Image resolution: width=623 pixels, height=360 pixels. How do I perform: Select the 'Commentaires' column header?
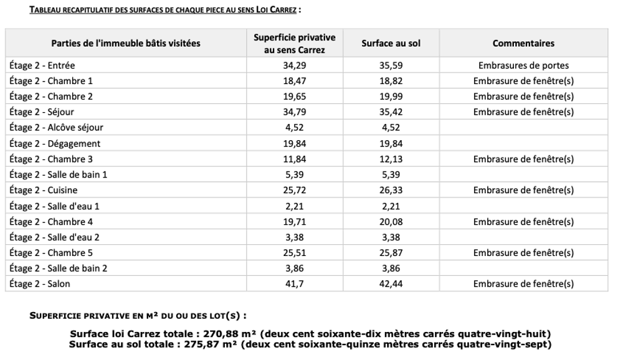[x=523, y=44]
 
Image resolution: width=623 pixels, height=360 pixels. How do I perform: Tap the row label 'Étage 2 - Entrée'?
[x=42, y=65]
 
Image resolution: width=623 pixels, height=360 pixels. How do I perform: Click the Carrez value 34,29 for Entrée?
[x=295, y=65]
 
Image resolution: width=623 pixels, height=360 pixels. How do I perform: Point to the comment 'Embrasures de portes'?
[x=523, y=65]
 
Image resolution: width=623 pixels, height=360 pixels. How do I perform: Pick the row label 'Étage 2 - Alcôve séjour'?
[x=56, y=128]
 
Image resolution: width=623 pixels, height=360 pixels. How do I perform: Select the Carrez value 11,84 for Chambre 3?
[x=295, y=159]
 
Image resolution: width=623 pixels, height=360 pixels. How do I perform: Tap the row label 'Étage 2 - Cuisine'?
[x=44, y=190]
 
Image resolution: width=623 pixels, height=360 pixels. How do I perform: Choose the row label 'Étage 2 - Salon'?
[x=40, y=284]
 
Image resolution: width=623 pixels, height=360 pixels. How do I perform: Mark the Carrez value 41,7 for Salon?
[x=295, y=284]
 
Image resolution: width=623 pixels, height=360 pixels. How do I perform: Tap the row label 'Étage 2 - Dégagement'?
[x=55, y=143]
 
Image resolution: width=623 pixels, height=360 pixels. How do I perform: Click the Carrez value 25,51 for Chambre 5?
[x=295, y=253]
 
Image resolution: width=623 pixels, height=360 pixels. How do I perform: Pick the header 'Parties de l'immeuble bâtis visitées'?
[x=126, y=44]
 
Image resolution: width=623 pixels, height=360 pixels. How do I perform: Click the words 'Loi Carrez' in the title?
[x=276, y=10]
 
